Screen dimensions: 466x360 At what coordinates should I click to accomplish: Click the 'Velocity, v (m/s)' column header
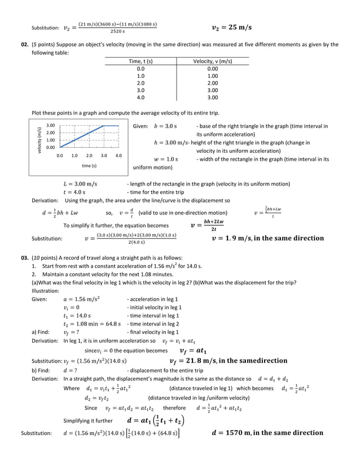(x=213, y=61)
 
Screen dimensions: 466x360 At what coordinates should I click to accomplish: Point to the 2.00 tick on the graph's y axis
(x=50, y=133)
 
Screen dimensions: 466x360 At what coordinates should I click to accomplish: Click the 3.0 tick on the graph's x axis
(x=104, y=155)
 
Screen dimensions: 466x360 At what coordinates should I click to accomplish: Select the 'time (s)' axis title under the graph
(x=89, y=165)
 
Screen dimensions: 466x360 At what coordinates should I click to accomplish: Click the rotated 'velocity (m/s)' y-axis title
(x=39, y=139)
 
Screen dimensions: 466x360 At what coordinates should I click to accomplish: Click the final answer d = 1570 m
(x=267, y=433)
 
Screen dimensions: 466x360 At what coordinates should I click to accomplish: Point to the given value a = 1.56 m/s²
(x=82, y=299)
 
